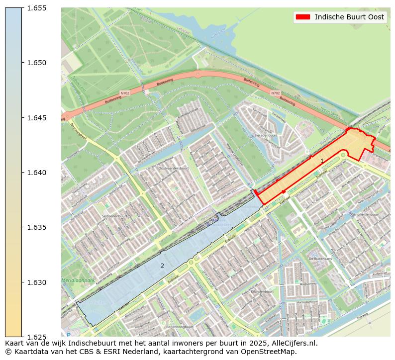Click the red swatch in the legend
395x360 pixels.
pyautogui.click(x=302, y=17)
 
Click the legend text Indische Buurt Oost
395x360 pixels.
pyautogui.click(x=349, y=17)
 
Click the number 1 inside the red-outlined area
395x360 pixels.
pyautogui.click(x=322, y=161)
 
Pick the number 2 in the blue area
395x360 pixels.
pyautogui.click(x=162, y=266)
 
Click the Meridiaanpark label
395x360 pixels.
pyautogui.click(x=74, y=280)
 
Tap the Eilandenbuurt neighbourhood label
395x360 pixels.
pyautogui.click(x=262, y=291)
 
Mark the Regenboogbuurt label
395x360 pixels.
pyautogui.click(x=180, y=327)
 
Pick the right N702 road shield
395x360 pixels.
pyautogui.click(x=275, y=93)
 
